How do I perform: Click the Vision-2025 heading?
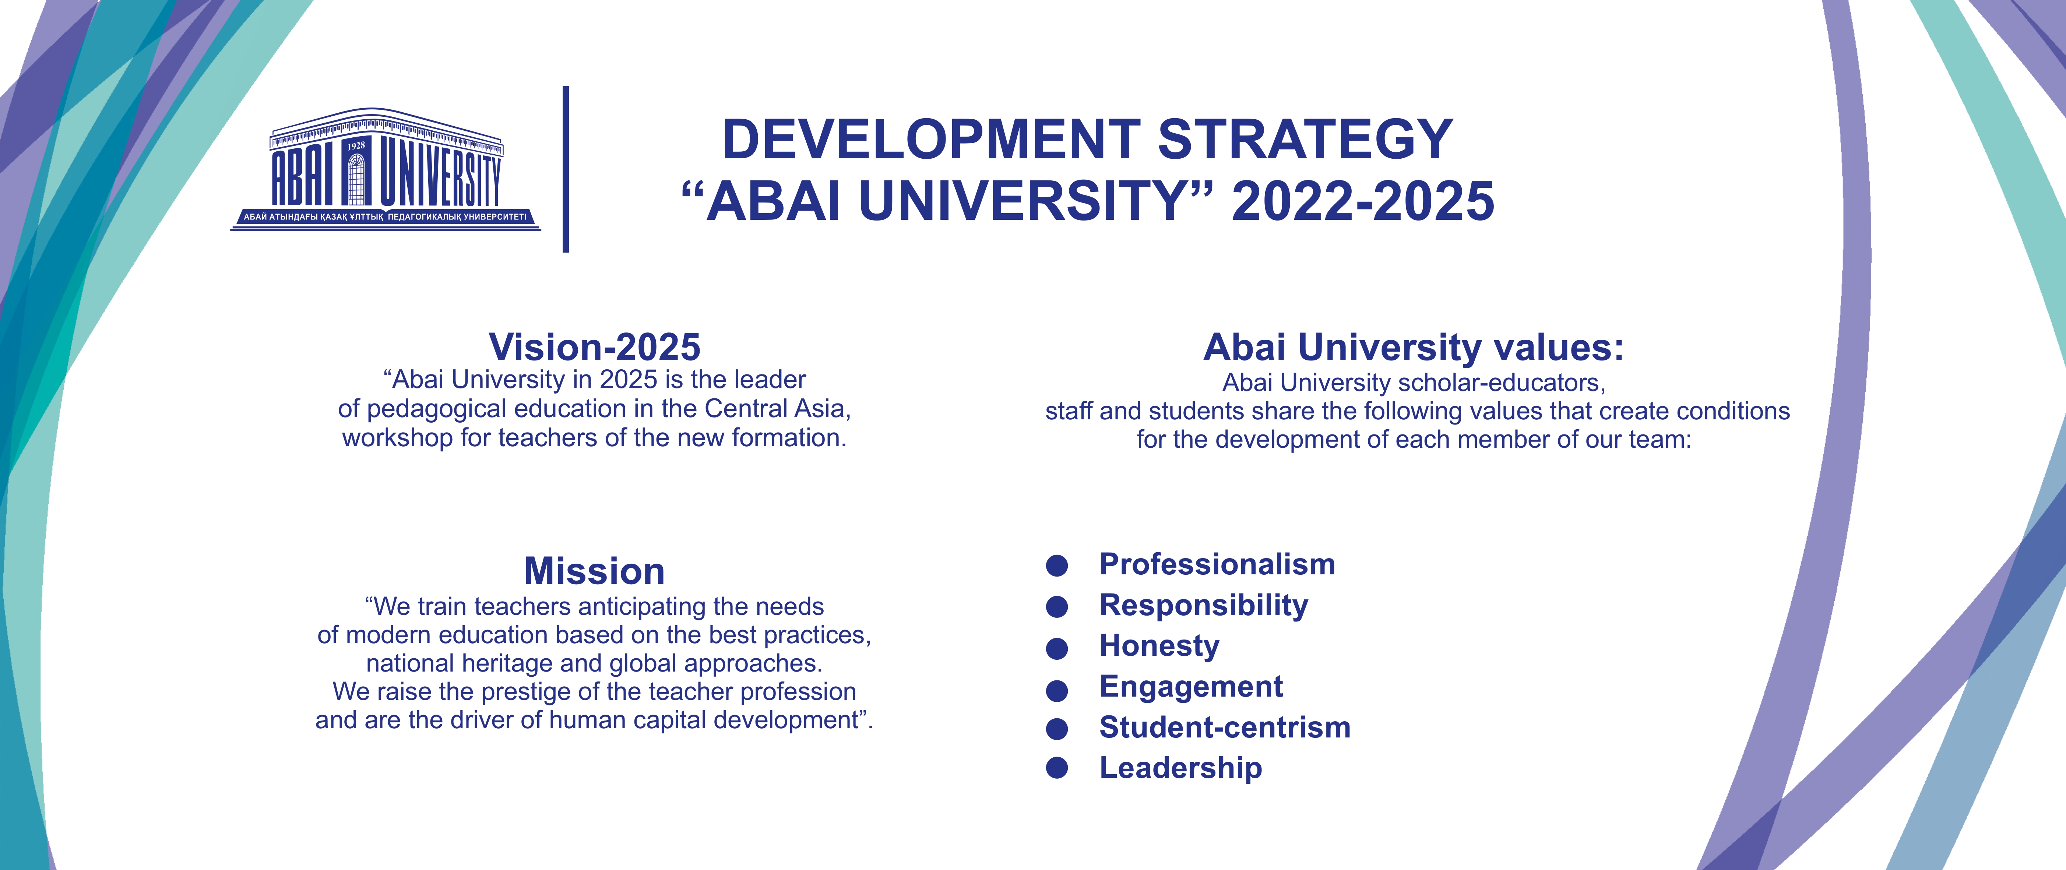tap(594, 347)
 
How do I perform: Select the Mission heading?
tap(594, 571)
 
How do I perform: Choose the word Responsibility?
tap(1203, 605)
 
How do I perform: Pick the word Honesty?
tap(1159, 646)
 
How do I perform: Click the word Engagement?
tap(1191, 687)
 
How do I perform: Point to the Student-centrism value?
tap(1225, 727)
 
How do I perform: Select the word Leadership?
tap(1180, 768)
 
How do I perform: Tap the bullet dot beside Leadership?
tap(1057, 768)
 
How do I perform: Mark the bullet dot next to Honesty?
tap(1057, 648)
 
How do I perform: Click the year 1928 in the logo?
tap(356, 146)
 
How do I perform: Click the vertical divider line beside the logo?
tap(566, 169)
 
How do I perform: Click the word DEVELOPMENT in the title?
tap(931, 139)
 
